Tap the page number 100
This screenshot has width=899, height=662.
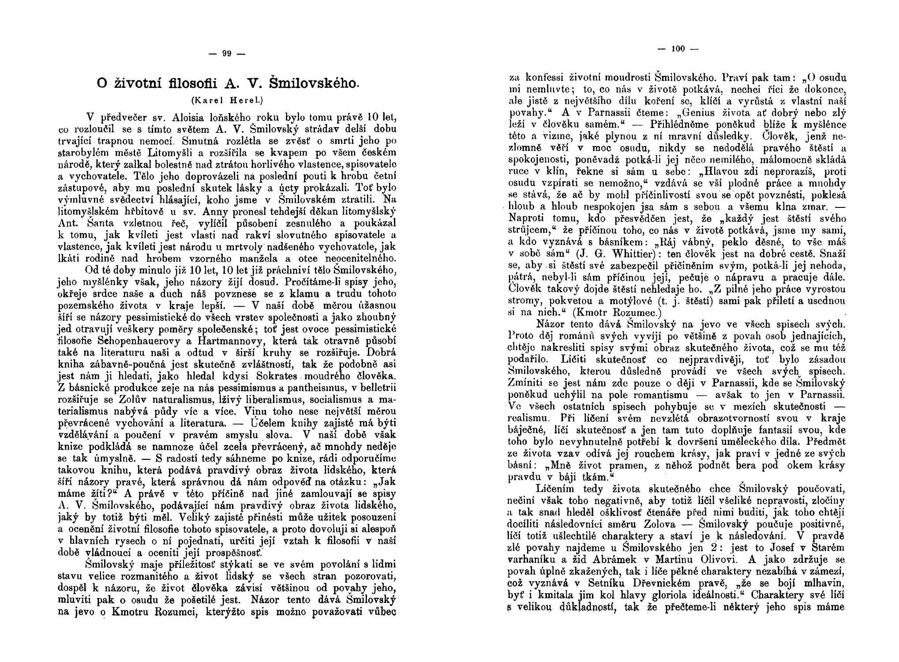[x=678, y=49]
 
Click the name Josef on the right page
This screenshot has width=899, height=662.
[x=768, y=548]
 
